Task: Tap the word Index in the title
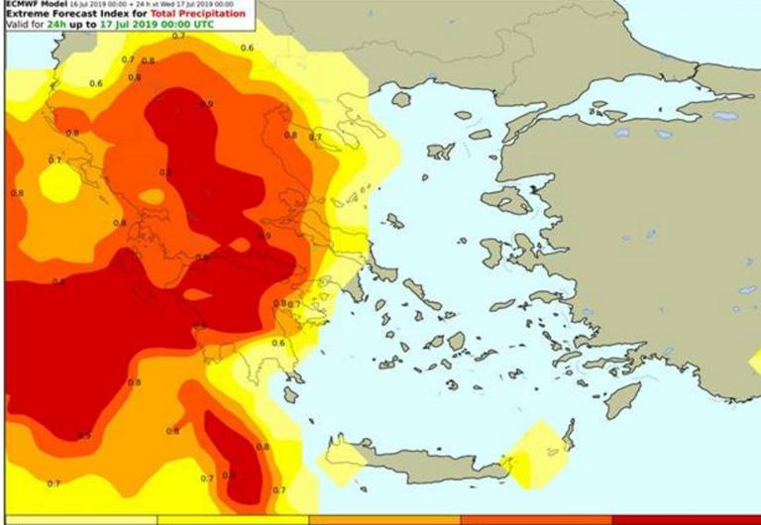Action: click(104, 14)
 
